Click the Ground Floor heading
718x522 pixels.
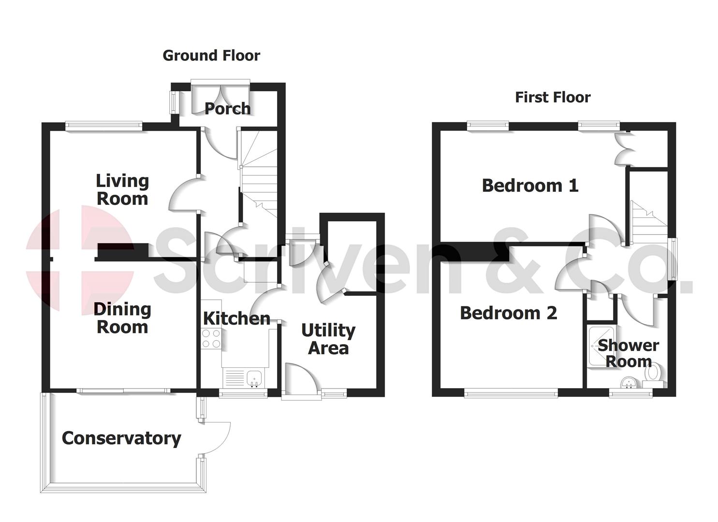[x=211, y=56]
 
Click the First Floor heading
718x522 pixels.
[x=553, y=98]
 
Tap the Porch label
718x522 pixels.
[x=227, y=108]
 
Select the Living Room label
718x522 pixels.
[x=122, y=189]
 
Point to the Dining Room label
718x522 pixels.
[x=122, y=318]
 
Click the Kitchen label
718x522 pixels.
[x=236, y=319]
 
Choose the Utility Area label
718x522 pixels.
[x=328, y=339]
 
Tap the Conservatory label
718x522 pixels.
[x=121, y=438]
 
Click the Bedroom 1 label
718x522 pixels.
[x=530, y=186]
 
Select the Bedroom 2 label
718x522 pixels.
[x=508, y=313]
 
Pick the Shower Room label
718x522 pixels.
[x=629, y=353]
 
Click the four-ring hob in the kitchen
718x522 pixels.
[x=211, y=338]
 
